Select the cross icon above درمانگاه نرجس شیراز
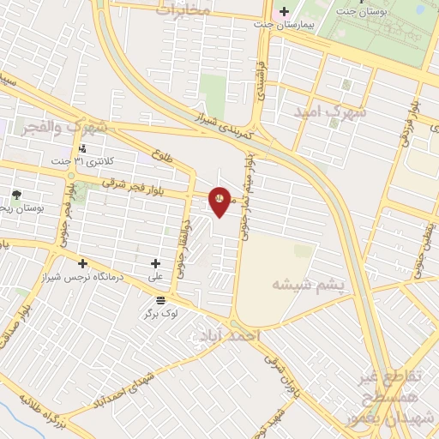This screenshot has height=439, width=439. pyautogui.click(x=82, y=263)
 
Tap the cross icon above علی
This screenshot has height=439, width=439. pyautogui.click(x=155, y=263)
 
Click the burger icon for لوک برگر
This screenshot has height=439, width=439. pyautogui.click(x=161, y=299)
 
